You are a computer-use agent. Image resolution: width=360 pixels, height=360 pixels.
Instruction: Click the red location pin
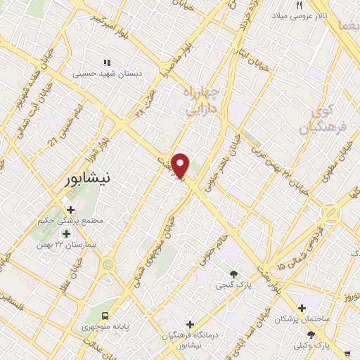click(181, 165)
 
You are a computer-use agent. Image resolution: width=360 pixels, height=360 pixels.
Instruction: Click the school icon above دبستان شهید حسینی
click(107, 62)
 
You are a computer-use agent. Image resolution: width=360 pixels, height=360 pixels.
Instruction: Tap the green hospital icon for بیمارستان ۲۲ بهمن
click(67, 234)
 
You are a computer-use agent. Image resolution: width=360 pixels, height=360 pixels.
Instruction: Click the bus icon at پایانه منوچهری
click(105, 316)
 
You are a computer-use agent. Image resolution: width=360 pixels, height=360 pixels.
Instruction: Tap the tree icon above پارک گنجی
click(234, 274)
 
